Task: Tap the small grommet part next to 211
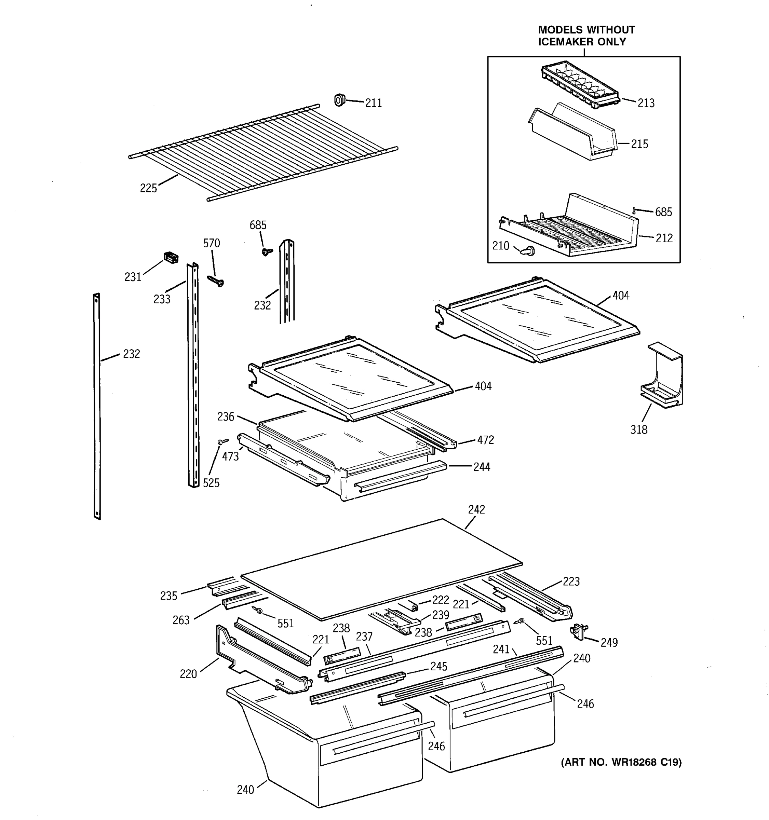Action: point(339,100)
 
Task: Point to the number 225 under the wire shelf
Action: point(148,188)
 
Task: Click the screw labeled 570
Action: point(216,281)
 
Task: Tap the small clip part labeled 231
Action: point(171,257)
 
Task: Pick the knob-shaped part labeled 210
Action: point(528,250)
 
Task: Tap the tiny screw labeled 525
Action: point(223,441)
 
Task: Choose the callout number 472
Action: point(485,440)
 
